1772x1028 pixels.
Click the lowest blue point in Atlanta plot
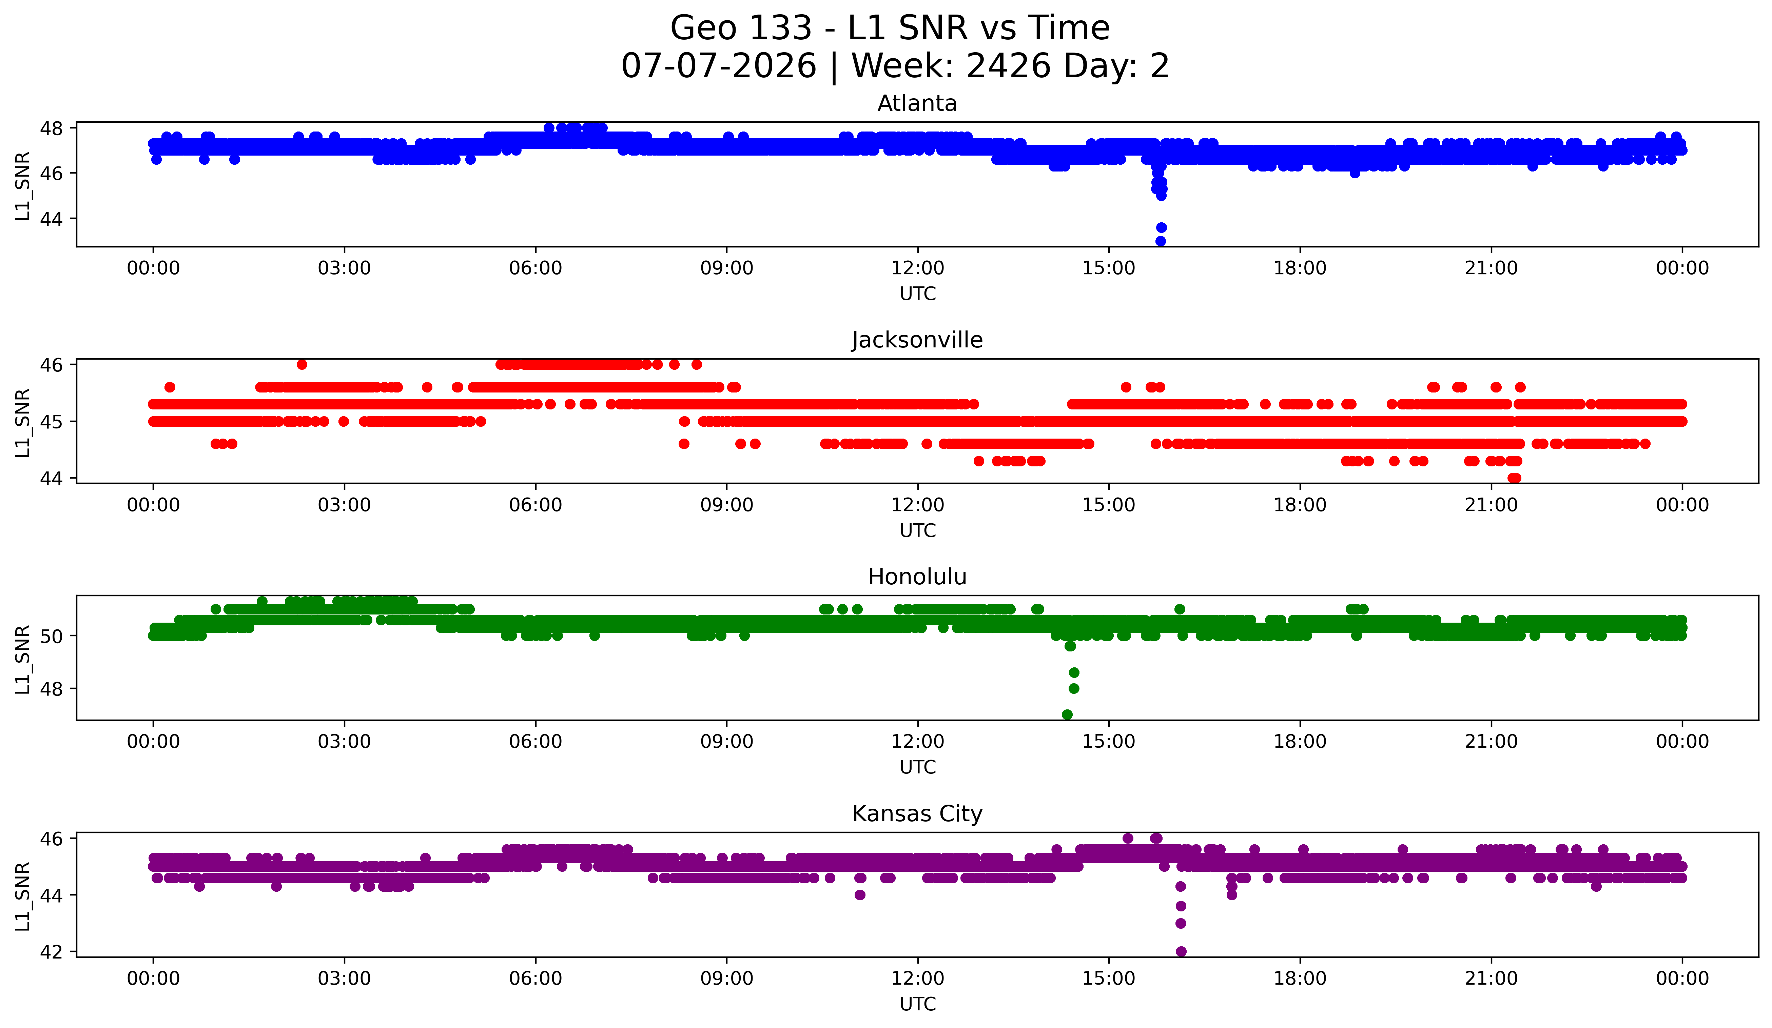click(x=1160, y=241)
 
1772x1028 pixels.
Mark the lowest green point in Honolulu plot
click(x=1067, y=714)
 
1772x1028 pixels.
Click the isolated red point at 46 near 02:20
click(x=301, y=364)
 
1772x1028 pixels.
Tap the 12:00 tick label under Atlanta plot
click(x=918, y=268)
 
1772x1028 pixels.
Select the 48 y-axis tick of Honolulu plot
click(x=52, y=689)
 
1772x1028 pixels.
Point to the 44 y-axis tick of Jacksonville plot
click(x=52, y=479)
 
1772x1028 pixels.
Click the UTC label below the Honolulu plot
click(x=918, y=767)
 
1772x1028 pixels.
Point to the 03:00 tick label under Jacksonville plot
click(x=345, y=505)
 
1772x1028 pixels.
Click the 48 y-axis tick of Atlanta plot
click(x=52, y=128)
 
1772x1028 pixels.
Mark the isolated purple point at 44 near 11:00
click(x=859, y=894)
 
